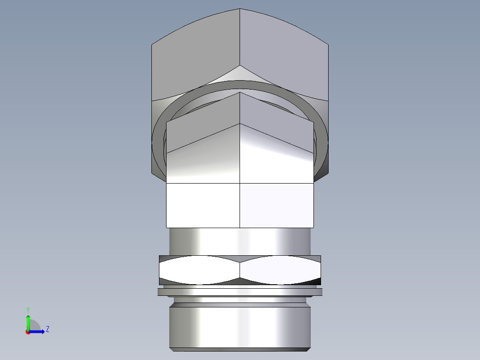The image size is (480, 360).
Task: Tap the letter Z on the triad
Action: coord(47,329)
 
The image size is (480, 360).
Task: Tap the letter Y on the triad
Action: coord(28,309)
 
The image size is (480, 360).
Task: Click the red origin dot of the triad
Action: coord(28,332)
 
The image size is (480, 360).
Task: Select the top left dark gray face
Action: coord(196,58)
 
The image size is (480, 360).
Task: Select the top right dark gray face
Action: coord(285,58)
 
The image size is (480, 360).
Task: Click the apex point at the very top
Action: coord(240,9)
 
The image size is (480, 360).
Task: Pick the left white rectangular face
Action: coord(203,205)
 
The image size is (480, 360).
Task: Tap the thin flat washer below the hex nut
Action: coord(240,292)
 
